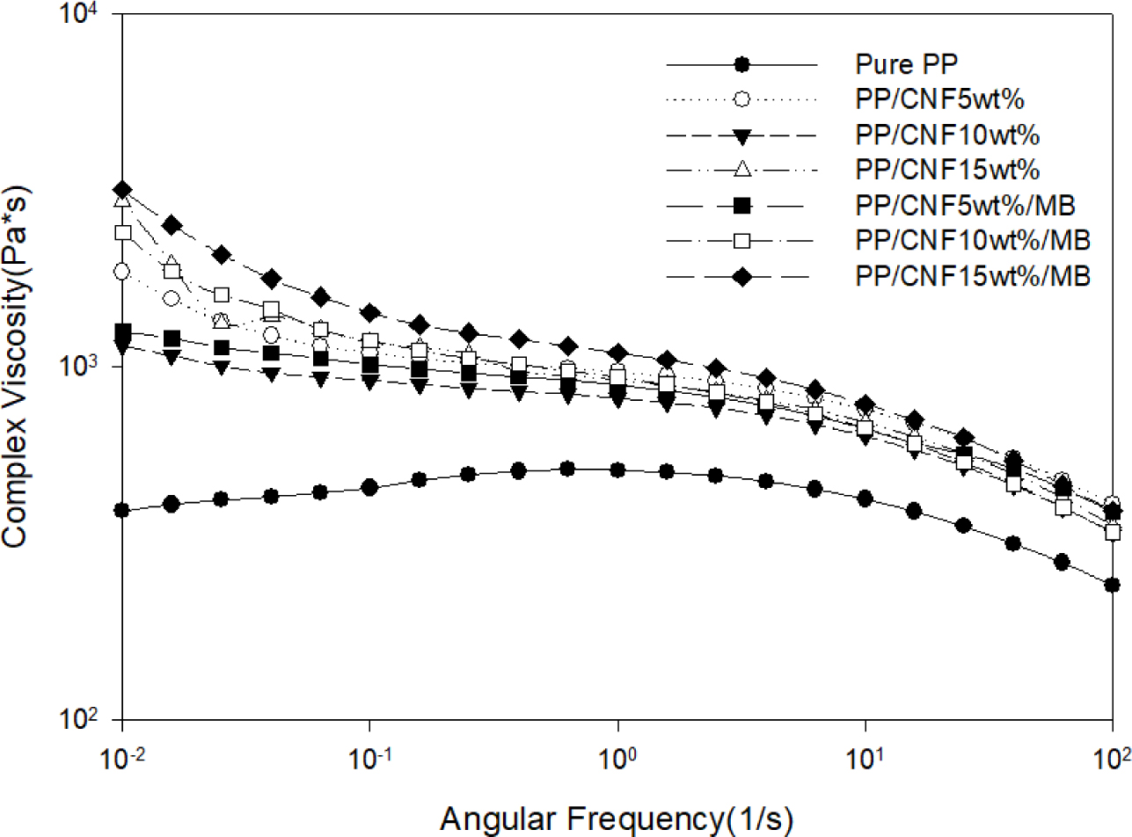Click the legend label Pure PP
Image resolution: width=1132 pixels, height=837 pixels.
pos(900,64)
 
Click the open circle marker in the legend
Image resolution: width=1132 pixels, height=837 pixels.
pos(741,99)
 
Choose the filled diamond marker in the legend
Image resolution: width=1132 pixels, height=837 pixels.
pos(741,276)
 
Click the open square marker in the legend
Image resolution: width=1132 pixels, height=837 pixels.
pos(741,240)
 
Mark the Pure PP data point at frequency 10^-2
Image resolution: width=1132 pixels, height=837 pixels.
pos(122,510)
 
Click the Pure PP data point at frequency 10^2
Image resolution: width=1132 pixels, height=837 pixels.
pos(1112,585)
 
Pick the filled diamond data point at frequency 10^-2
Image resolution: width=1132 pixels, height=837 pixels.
pos(122,190)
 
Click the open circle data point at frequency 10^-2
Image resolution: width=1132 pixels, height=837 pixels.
pos(122,272)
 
